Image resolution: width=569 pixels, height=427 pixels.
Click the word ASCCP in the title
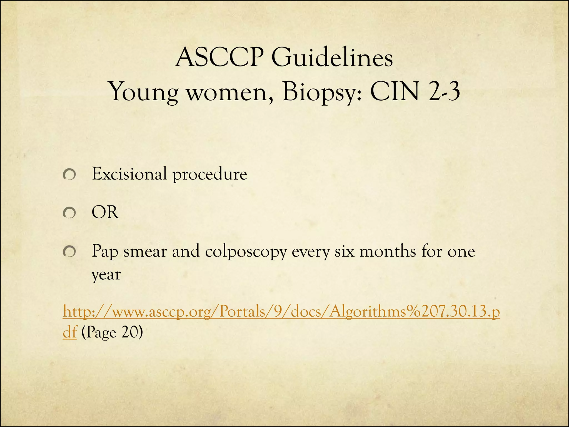(219, 58)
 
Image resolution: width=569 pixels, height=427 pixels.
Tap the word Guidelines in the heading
(332, 58)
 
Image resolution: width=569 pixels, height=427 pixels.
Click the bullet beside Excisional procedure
(69, 175)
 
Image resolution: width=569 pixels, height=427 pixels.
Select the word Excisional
(129, 174)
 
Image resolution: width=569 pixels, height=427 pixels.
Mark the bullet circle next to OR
(69, 213)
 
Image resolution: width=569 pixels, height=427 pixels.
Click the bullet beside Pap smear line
(69, 252)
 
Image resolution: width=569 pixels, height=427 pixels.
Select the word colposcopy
(246, 252)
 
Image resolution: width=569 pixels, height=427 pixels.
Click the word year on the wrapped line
(106, 275)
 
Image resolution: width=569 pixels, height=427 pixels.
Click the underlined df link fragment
(69, 332)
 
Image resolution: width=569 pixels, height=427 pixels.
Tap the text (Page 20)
(112, 332)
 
